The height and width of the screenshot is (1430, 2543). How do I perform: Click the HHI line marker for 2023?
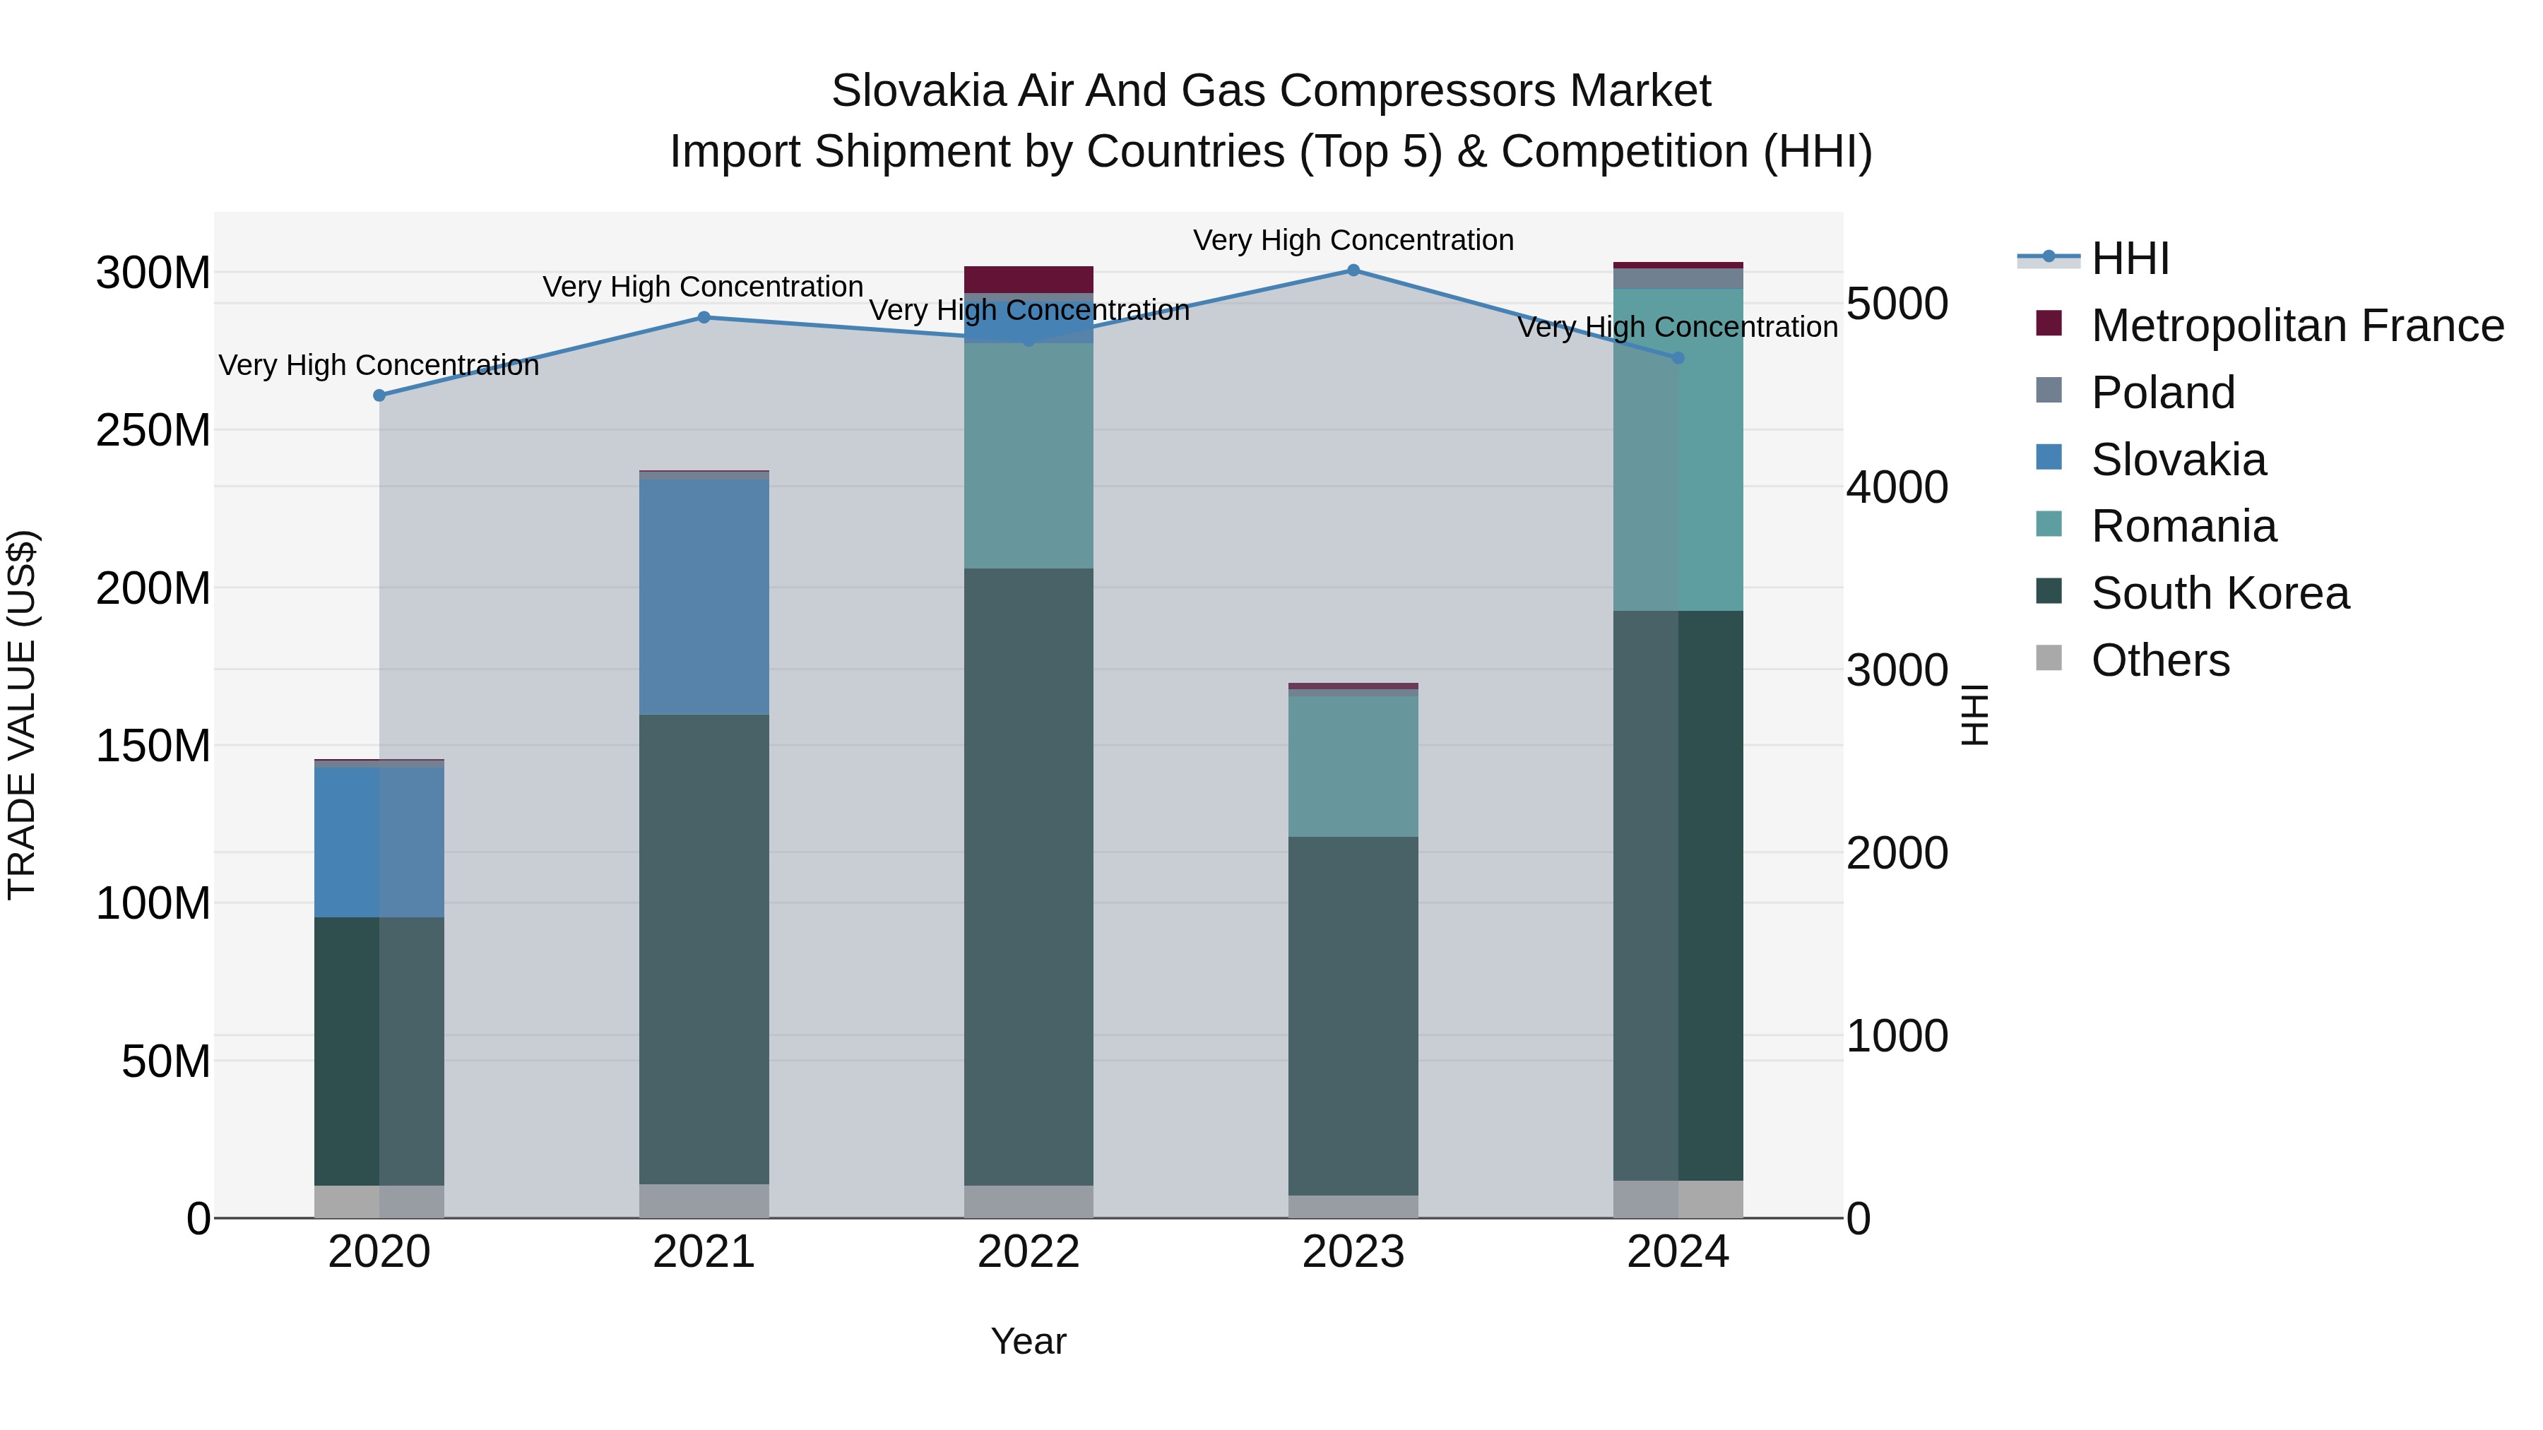click(x=1353, y=270)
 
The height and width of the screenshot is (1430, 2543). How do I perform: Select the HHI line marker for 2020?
click(x=380, y=395)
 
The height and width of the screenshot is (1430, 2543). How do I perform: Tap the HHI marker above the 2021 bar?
click(x=704, y=318)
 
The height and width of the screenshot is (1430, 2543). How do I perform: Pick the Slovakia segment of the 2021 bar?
click(x=704, y=597)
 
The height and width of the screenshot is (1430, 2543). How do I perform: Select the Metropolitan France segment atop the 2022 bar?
click(x=1029, y=279)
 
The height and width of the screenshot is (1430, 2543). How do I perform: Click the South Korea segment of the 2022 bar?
click(x=1029, y=876)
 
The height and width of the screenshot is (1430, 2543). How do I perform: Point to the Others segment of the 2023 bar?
click(x=1353, y=1206)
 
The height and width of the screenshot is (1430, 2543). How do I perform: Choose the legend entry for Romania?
click(x=2183, y=526)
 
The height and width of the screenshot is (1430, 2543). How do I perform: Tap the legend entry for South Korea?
click(x=2219, y=593)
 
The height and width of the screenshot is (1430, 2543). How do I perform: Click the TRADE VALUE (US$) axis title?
click(x=22, y=715)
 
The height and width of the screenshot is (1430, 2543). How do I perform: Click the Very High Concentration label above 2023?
click(x=1353, y=240)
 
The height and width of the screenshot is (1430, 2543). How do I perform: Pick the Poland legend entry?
click(x=2162, y=393)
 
